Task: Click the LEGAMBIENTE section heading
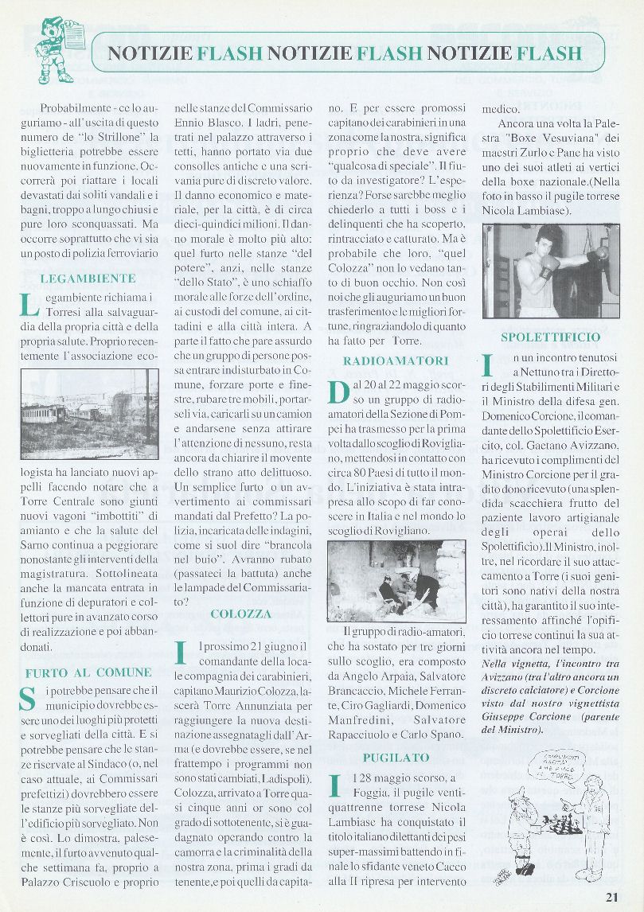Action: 88,279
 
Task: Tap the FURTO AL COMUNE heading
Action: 88,672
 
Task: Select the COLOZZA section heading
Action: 240,614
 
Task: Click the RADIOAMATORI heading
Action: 396,361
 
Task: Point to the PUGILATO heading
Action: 396,757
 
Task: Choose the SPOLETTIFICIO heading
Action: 551,337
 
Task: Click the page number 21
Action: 611,896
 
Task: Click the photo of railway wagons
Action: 89,413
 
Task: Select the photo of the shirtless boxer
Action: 551,271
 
